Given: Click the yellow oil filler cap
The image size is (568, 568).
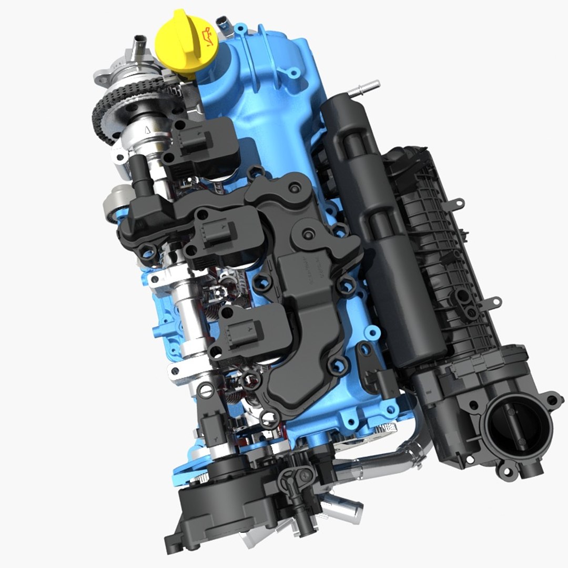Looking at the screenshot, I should coord(182,44).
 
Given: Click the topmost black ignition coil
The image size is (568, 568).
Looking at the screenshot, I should coord(202,147).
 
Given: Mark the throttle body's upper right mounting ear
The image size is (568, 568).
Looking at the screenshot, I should coord(553,400).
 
